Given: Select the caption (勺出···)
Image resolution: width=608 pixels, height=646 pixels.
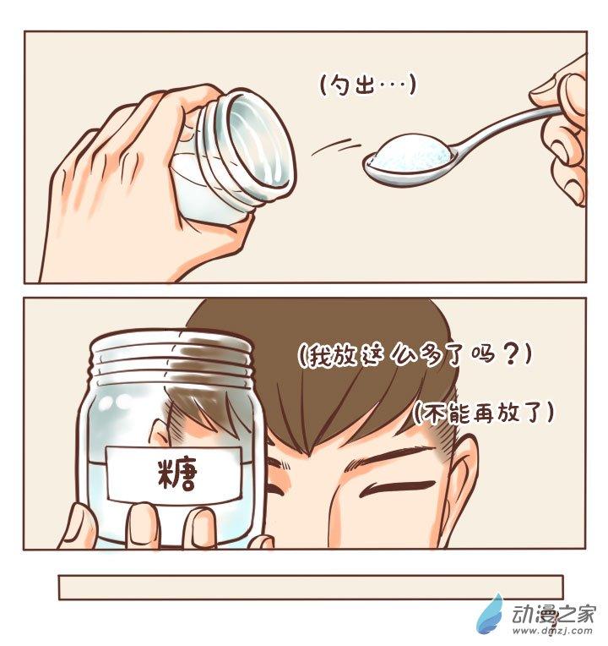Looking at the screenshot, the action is pos(368,85).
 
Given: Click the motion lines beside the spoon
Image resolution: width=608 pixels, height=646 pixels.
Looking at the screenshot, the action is pos(336,147).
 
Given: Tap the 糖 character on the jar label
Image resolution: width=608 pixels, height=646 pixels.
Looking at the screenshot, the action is pos(177,474).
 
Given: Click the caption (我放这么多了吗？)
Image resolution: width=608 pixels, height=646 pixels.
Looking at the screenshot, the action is pos(415,355).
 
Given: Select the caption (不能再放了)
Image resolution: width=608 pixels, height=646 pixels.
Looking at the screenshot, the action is pos(484,412).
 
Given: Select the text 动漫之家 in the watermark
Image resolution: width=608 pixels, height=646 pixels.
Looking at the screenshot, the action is pos(552,614).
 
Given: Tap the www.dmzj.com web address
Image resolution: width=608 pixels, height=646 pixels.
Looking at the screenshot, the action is pos(552,630).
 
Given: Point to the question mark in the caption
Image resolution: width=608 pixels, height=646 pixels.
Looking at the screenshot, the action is pos(511,355).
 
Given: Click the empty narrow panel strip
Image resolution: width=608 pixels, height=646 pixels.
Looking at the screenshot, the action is pos(311,587).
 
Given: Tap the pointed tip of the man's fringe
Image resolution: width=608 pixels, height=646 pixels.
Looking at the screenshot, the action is pos(309,455).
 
